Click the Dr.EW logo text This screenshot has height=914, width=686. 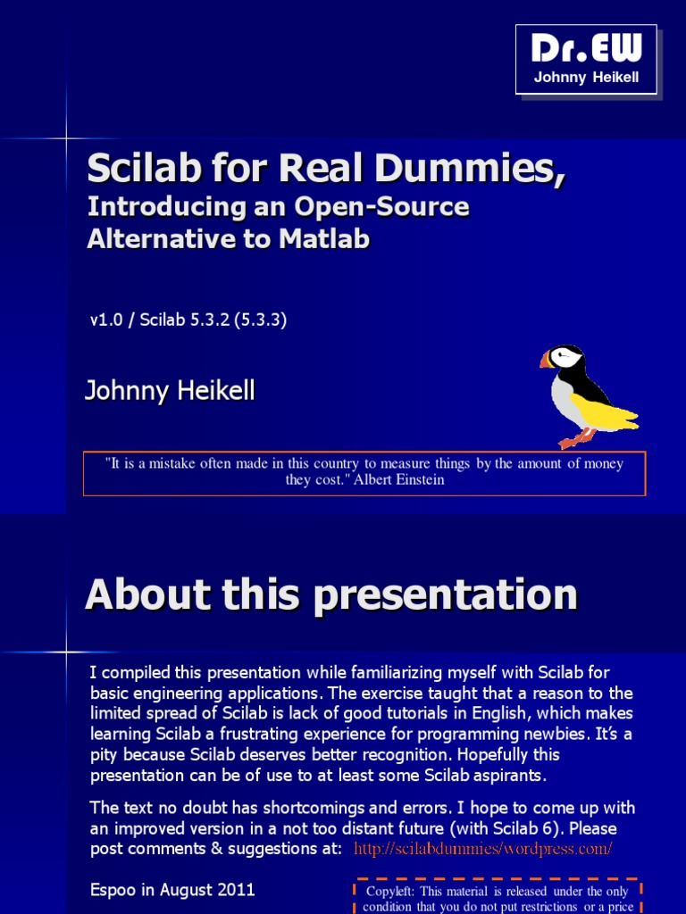coord(586,50)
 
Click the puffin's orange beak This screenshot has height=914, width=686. coord(546,360)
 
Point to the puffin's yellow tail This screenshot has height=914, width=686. coord(616,415)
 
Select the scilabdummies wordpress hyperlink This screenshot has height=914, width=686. coord(482,849)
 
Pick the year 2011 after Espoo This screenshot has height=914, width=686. coord(237,890)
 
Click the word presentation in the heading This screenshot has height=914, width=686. coord(446,595)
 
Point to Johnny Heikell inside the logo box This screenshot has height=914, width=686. coord(586,77)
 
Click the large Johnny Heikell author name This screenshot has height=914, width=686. coord(170,390)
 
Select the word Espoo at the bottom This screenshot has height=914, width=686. coord(113,890)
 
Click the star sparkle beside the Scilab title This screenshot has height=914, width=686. coord(67,138)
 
